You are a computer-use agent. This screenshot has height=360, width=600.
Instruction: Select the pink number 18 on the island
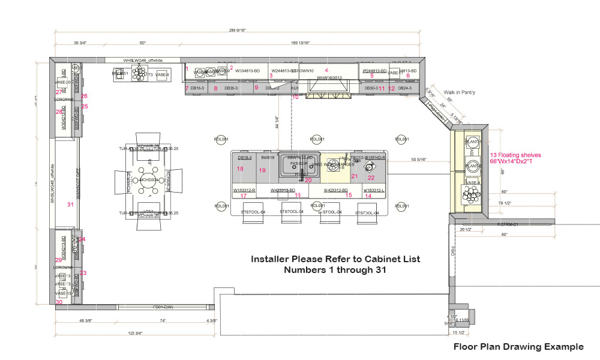[x=240, y=169]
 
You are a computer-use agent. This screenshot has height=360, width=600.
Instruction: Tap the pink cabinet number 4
[x=326, y=70]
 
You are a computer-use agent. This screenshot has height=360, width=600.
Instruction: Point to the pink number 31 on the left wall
[x=70, y=205]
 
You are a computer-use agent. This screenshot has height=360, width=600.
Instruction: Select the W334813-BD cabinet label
[x=247, y=71]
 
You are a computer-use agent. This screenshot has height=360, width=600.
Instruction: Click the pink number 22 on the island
[x=371, y=178]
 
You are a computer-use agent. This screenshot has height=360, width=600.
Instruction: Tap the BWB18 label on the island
[x=267, y=157]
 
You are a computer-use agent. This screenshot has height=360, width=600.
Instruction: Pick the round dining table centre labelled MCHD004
[x=148, y=180]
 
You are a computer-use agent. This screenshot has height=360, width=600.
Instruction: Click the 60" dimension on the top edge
[x=143, y=43]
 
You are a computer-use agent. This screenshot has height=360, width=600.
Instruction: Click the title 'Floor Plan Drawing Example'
[x=518, y=347]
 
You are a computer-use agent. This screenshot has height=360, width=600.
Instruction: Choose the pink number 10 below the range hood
[x=295, y=97]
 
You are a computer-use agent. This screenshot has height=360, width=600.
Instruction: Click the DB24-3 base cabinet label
[x=406, y=88]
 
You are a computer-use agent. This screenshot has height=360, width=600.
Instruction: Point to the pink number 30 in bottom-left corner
[x=59, y=302]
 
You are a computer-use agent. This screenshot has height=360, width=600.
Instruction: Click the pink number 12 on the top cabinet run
[x=392, y=89]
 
